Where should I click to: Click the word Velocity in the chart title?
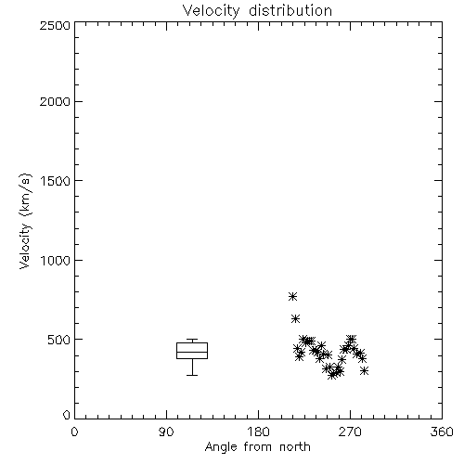point(211,11)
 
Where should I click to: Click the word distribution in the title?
point(290,10)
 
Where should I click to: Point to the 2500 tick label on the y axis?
point(55,25)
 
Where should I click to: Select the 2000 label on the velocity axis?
point(55,101)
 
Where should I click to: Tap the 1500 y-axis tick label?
point(56,181)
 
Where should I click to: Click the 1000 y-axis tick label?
point(56,260)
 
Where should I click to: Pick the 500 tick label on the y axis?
point(59,340)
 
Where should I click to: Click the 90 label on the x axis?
point(166,432)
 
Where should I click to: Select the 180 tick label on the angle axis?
point(258,432)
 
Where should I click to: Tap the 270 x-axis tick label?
point(350,432)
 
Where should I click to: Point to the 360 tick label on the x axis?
point(442,432)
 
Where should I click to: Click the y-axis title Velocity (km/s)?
point(25,221)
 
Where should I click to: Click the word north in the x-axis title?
point(295,447)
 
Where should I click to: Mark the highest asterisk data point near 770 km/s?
point(292,297)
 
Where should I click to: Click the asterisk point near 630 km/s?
point(295,318)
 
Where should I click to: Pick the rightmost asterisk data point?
point(364,370)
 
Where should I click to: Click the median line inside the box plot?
point(192,352)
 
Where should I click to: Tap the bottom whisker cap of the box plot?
point(192,375)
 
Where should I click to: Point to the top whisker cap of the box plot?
point(192,340)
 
